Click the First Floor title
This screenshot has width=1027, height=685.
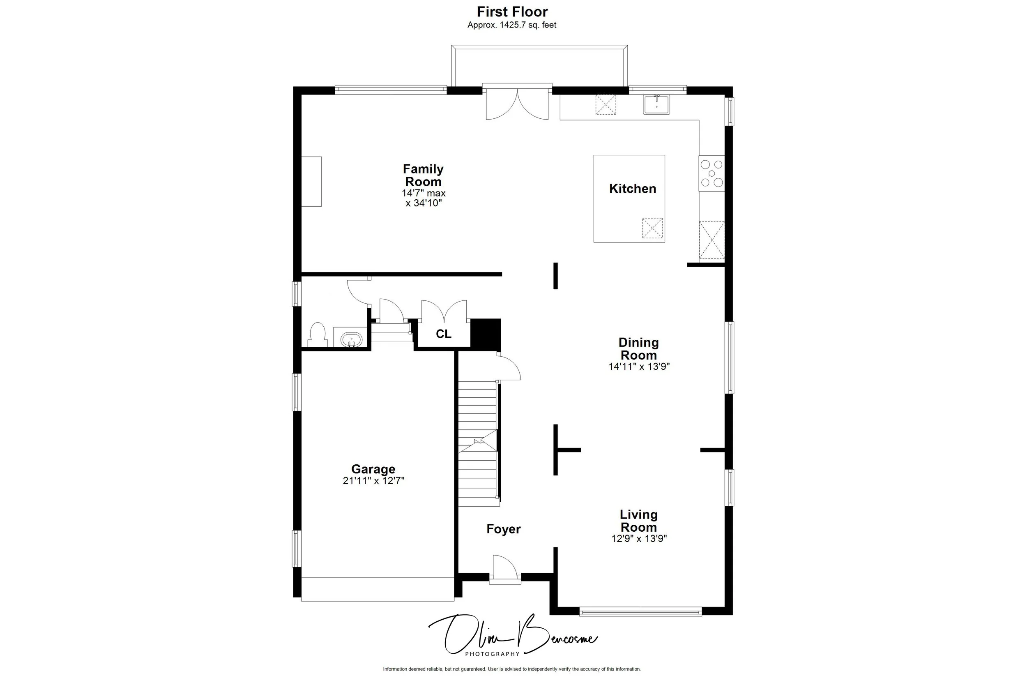click(x=512, y=12)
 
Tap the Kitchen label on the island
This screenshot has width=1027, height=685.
click(x=632, y=189)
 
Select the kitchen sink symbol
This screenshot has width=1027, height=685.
click(x=656, y=105)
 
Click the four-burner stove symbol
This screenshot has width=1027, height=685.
click(x=712, y=173)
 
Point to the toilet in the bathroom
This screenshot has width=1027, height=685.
click(x=318, y=334)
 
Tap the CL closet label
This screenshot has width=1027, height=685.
click(x=443, y=334)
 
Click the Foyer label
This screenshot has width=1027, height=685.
click(x=504, y=529)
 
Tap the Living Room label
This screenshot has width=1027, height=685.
click(x=638, y=521)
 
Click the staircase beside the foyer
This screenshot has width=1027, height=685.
click(x=478, y=443)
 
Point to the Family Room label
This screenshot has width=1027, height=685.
click(x=423, y=175)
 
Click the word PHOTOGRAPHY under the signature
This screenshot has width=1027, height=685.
click(x=492, y=654)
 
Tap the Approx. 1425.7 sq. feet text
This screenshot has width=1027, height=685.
click(x=512, y=25)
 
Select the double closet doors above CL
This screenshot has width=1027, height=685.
click(x=444, y=311)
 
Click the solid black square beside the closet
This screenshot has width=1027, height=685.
click(x=486, y=334)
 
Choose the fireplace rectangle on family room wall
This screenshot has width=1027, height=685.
click(x=311, y=181)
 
